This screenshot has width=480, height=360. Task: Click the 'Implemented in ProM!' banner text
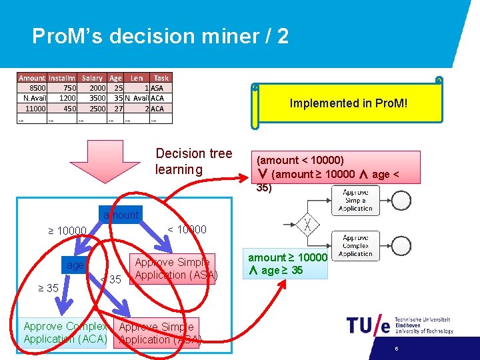tap(348, 103)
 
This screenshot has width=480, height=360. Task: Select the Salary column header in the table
tap(92, 78)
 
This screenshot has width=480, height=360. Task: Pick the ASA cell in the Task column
tap(157, 88)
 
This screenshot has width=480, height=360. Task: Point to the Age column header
tap(115, 78)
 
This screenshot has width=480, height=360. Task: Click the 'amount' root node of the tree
tap(121, 215)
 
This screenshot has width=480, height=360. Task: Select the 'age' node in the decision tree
tap(75, 265)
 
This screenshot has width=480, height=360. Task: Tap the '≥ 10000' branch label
tap(67, 231)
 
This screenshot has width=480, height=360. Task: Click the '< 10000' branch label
tap(187, 229)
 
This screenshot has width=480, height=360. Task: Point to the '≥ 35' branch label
tap(47, 288)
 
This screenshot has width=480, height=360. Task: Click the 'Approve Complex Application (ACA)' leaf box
tap(65, 333)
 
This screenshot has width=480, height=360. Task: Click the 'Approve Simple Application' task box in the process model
tap(355, 199)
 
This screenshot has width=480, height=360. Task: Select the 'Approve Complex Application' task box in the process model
tap(355, 246)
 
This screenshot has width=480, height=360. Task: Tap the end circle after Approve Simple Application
tap(401, 199)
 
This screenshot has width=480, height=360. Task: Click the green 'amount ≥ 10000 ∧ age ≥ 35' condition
tap(288, 264)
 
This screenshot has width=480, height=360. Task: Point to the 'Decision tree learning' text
tap(193, 161)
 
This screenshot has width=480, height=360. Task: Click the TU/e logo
tap(368, 325)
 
